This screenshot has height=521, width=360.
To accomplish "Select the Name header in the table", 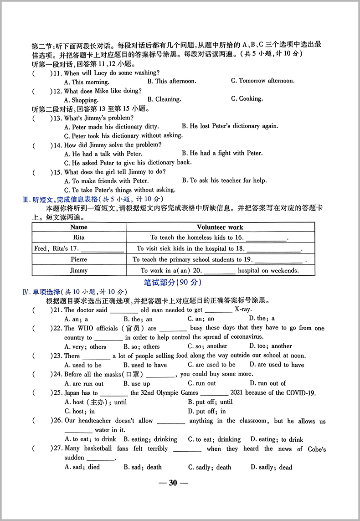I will coord(79,227).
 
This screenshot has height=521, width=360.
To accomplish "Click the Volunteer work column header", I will coord(220,227).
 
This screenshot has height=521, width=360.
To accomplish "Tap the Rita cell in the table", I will coord(79,237).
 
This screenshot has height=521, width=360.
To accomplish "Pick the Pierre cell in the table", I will coord(79,259).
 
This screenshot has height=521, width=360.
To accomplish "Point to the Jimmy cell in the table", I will coord(79,270).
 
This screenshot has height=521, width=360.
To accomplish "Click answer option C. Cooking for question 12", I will coord(247,99).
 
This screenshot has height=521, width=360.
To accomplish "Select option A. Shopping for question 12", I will coord(81,100).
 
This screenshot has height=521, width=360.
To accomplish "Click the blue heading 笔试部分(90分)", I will coord(172,283).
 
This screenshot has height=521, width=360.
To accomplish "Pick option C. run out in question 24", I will coord(202,384).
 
